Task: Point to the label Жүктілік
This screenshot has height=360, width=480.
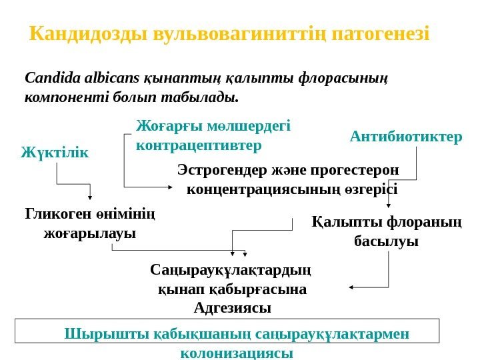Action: click(x=55, y=153)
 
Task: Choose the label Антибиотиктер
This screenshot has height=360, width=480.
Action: click(x=405, y=137)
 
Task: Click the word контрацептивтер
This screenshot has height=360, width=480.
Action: click(x=199, y=144)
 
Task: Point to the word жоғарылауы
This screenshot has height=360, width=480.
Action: click(x=89, y=233)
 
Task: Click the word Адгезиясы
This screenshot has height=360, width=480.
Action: click(x=232, y=308)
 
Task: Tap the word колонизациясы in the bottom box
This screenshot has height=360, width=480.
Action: click(x=237, y=353)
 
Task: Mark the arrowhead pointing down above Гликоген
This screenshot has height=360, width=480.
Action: click(x=90, y=196)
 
